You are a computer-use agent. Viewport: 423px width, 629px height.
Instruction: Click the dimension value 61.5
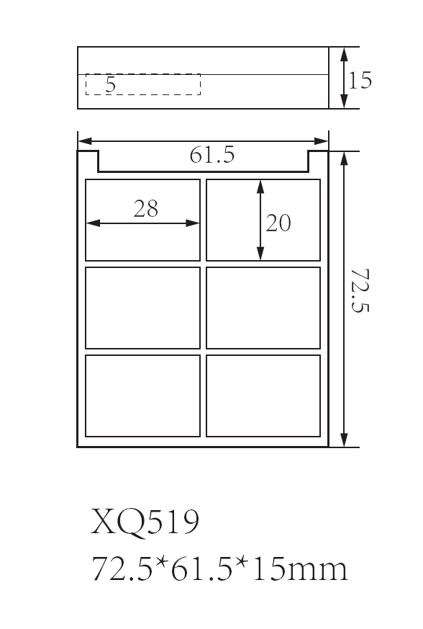(x=212, y=155)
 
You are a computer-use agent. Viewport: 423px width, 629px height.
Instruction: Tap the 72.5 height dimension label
(x=360, y=291)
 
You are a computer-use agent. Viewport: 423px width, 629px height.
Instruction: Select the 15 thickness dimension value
(x=360, y=80)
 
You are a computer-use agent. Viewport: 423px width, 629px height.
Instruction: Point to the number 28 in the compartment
(x=146, y=209)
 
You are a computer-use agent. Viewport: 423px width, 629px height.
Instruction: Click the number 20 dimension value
(x=278, y=223)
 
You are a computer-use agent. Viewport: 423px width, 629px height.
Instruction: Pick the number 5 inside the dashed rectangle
(x=111, y=84)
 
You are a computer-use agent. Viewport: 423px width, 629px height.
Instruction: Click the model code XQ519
(x=145, y=522)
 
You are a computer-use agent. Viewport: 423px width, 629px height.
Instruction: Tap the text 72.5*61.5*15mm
(x=219, y=568)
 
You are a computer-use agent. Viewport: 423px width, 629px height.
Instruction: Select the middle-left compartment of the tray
(x=142, y=308)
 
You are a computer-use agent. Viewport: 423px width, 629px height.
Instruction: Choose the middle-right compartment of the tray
(x=263, y=308)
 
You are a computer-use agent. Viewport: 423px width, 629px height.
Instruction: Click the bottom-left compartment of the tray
(x=142, y=396)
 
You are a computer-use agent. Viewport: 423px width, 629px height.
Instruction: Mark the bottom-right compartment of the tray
(x=263, y=396)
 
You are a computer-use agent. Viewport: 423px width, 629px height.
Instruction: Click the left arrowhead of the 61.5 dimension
(x=85, y=141)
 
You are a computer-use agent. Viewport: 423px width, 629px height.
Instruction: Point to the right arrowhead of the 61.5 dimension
(x=322, y=141)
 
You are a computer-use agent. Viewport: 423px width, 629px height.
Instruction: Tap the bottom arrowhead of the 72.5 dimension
(x=344, y=440)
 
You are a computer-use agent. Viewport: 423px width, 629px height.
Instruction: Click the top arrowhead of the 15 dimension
(x=344, y=55)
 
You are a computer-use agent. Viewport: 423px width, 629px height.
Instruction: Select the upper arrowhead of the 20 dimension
(x=260, y=187)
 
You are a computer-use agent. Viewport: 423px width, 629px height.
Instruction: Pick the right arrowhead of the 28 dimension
(x=193, y=223)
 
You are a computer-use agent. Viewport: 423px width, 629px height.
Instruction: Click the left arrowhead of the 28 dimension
(x=93, y=223)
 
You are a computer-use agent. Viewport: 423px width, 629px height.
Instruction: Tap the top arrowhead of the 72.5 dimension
(x=344, y=159)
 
